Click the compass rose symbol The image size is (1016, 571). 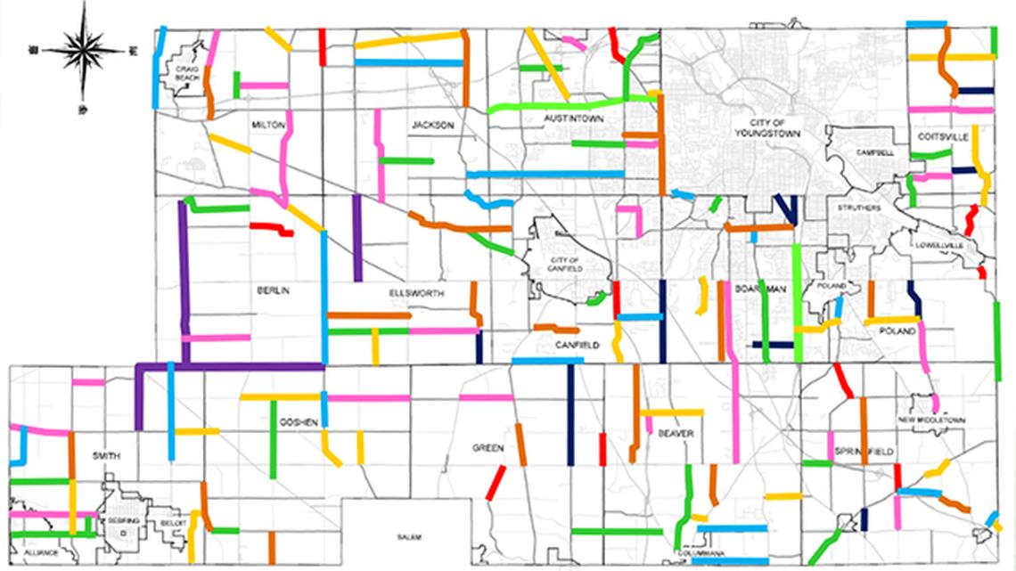click(83, 51)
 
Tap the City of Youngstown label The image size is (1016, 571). click(766, 126)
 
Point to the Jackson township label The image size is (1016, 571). click(432, 126)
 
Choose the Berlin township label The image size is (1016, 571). click(274, 290)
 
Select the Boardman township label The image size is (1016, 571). click(760, 289)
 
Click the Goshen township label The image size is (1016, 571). click(299, 422)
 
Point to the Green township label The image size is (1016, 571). click(488, 448)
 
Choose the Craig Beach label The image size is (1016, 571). click(187, 72)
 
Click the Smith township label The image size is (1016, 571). click(105, 455)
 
